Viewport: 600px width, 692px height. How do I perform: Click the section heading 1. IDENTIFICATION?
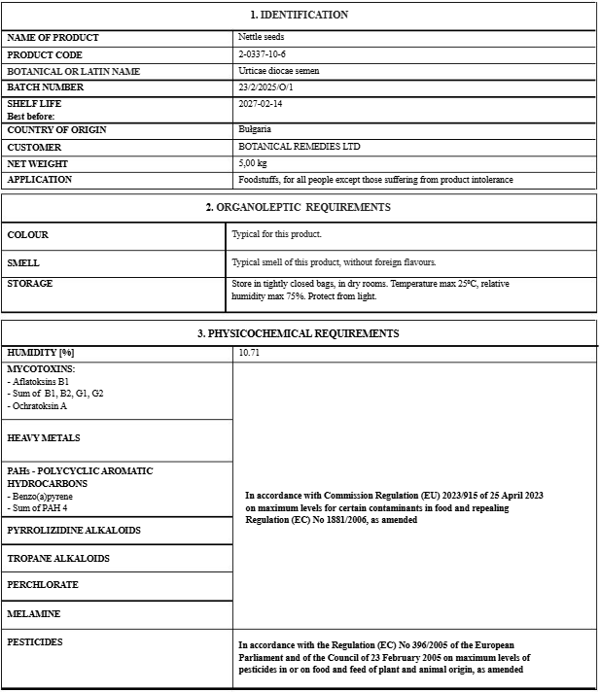299,15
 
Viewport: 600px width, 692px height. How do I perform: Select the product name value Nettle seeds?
261,37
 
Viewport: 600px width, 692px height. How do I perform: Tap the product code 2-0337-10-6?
262,54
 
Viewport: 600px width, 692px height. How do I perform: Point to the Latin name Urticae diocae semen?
278,71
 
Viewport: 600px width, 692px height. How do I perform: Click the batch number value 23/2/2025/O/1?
265,87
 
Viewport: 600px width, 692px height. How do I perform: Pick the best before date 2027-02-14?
261,103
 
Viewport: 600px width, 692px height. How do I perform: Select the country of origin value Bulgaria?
255,129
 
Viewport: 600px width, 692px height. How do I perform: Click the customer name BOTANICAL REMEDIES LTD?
299,147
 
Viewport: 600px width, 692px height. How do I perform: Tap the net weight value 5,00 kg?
253,163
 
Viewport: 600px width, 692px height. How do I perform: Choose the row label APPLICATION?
39,180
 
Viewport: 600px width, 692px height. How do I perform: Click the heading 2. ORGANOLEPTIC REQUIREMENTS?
298,207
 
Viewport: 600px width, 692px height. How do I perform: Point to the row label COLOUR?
27,235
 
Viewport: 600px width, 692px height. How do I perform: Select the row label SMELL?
23,263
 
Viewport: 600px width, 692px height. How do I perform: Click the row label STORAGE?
30,284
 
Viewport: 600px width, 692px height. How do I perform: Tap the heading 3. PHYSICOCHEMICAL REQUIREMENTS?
298,333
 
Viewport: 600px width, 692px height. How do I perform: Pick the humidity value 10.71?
250,353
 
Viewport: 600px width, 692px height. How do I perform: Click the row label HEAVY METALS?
43,438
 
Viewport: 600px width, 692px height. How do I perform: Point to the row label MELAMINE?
33,614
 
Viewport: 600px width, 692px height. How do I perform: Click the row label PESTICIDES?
35,642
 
